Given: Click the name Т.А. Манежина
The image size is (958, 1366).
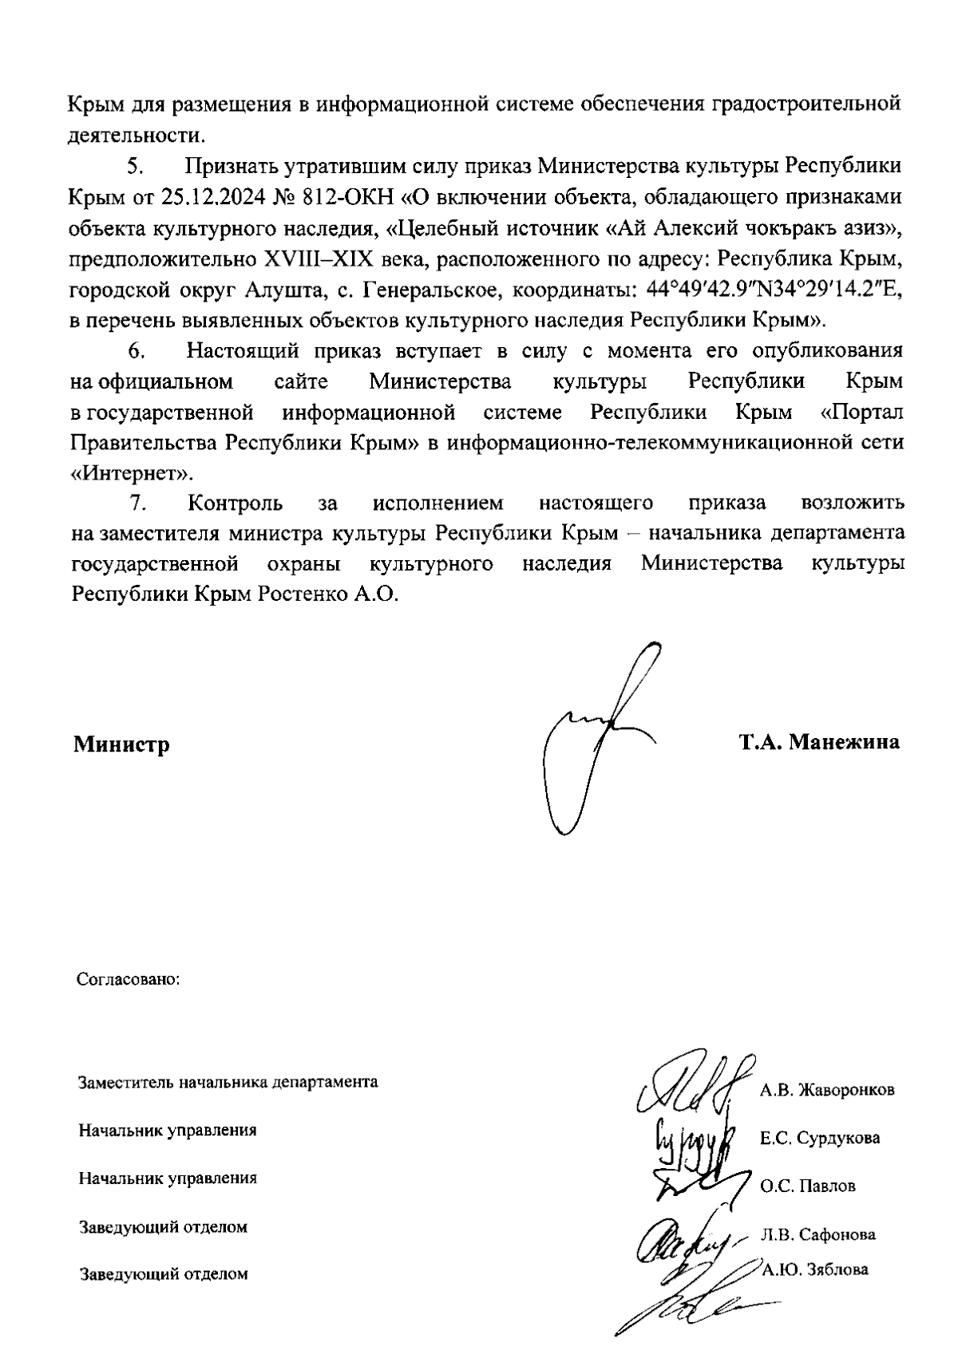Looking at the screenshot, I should tap(819, 742).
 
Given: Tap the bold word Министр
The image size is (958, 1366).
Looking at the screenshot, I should tap(121, 745).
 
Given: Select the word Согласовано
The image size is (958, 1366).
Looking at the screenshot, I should tap(127, 978).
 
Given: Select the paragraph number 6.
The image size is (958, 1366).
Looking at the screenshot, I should tap(136, 351).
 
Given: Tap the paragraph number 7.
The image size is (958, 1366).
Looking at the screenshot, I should tap(136, 503).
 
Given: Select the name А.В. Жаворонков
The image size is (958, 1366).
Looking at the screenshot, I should tap(827, 1090).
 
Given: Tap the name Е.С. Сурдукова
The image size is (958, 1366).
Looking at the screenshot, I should tap(820, 1138).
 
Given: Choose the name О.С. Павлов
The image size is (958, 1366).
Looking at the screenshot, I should tap(807, 1186).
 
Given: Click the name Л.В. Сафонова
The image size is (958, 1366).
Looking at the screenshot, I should tap(817, 1234).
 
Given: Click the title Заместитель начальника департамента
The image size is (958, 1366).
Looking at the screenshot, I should tap(228, 1083).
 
